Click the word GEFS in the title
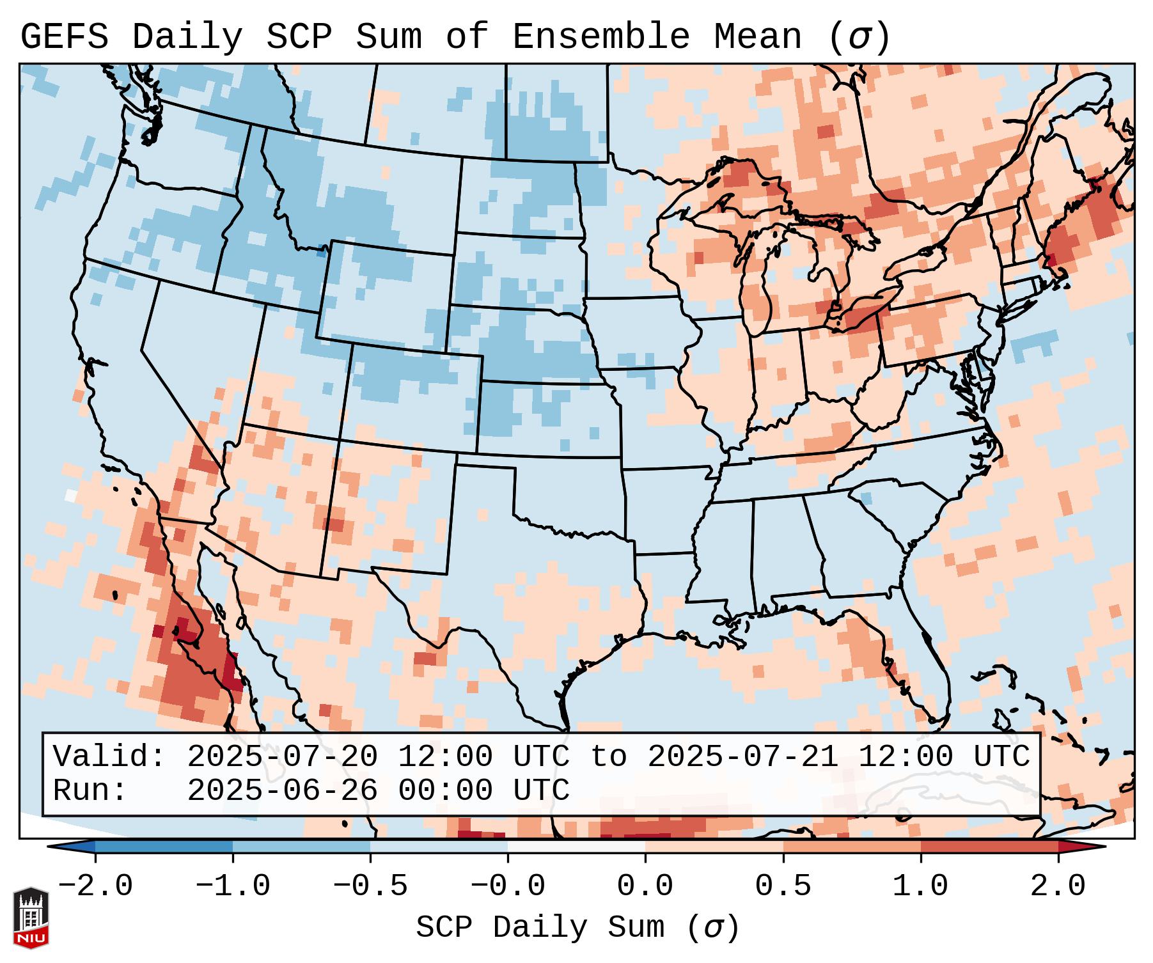click(65, 37)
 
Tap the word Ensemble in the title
click(601, 37)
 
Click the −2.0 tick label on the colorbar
click(95, 887)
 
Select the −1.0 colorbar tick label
click(233, 887)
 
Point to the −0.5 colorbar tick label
click(370, 887)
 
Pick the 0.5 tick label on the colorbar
click(783, 887)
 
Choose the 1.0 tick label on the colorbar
click(921, 887)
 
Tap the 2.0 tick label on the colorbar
click(1058, 887)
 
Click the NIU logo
click(31, 917)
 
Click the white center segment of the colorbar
click(576, 847)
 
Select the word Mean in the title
click(758, 37)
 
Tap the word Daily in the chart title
click(187, 37)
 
